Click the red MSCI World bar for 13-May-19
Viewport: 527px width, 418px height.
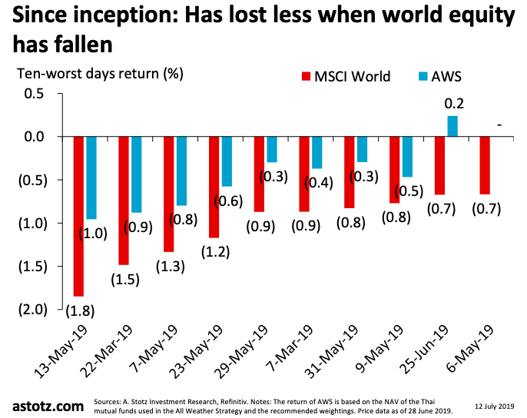79,216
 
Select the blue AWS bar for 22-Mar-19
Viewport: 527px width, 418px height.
137,174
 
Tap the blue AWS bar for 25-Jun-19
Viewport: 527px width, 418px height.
452,126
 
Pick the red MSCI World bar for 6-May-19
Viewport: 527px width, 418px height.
485,165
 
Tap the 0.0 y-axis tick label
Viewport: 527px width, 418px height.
35,137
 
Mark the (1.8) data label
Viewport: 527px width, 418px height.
78,311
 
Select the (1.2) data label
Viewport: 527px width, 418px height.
214,253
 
